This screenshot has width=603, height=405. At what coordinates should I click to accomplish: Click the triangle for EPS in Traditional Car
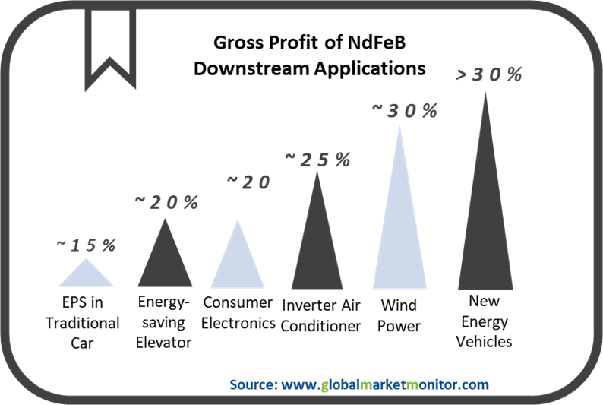pyautogui.click(x=86, y=276)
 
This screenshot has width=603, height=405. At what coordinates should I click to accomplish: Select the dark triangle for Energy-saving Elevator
pyautogui.click(x=165, y=261)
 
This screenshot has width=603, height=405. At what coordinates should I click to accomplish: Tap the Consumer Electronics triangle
pyautogui.click(x=238, y=264)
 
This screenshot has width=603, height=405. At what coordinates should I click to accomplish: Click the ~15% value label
pyautogui.click(x=86, y=245)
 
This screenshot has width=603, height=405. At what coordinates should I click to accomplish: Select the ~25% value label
pyautogui.click(x=317, y=160)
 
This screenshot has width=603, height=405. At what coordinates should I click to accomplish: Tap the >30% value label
pyautogui.click(x=489, y=74)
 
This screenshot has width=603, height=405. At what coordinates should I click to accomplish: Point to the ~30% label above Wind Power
pyautogui.click(x=405, y=111)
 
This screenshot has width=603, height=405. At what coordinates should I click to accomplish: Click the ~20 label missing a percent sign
pyautogui.click(x=248, y=182)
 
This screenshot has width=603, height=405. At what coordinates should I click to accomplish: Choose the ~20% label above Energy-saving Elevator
pyautogui.click(x=166, y=202)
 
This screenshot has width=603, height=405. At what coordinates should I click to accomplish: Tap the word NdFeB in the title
pyautogui.click(x=377, y=43)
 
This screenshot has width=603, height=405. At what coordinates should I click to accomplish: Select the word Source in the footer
pyautogui.click(x=254, y=384)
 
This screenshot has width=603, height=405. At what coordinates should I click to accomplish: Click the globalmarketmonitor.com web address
pyautogui.click(x=385, y=384)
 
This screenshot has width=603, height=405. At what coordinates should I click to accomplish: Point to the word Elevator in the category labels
pyautogui.click(x=163, y=342)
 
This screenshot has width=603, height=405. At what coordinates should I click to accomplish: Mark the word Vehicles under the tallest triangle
pyautogui.click(x=485, y=341)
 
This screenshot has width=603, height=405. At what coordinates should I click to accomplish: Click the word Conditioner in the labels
pyautogui.click(x=320, y=326)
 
